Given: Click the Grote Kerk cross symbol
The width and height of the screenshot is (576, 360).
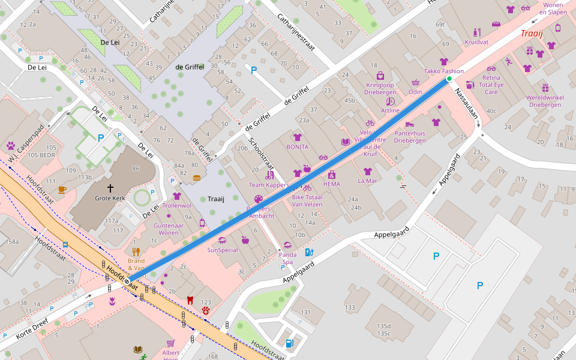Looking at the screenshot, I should pyautogui.click(x=110, y=188).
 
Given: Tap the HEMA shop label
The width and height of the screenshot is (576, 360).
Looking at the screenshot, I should pyautogui.click(x=331, y=184).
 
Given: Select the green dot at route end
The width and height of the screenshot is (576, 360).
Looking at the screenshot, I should pyautogui.click(x=449, y=79).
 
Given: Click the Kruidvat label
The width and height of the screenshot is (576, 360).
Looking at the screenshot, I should pyautogui.click(x=476, y=42).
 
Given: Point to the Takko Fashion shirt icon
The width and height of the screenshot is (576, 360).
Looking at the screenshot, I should pyautogui.click(x=444, y=62).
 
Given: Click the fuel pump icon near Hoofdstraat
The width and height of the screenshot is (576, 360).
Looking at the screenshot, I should pyautogui.click(x=290, y=343).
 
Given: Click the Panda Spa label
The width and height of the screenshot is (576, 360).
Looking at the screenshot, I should pyautogui.click(x=288, y=258).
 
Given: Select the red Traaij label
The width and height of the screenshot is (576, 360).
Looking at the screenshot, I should pyautogui.click(x=532, y=33).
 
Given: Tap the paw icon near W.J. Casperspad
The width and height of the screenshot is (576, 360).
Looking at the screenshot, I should pyautogui.click(x=11, y=145).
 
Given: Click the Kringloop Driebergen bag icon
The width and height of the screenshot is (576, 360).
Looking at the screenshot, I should pyautogui.click(x=380, y=76).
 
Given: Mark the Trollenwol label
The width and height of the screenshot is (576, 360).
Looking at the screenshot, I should pyautogui.click(x=176, y=205).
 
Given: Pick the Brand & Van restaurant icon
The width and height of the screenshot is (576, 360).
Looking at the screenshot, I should pyautogui.click(x=136, y=251).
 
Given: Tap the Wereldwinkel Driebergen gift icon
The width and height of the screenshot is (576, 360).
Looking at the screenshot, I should pyautogui.click(x=545, y=88).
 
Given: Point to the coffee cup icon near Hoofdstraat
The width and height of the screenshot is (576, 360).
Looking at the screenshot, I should pyautogui.click(x=62, y=190).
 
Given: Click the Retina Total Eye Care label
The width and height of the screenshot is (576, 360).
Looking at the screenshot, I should pyautogui.click(x=491, y=85).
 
